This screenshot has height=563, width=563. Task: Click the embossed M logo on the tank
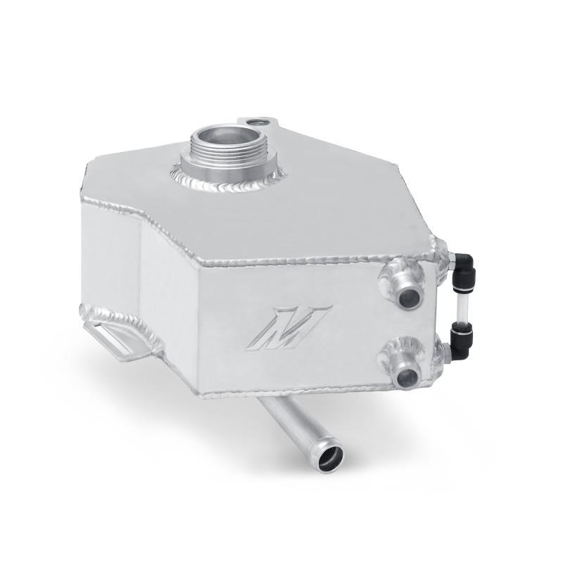[x=289, y=326]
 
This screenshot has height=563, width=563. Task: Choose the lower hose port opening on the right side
[x=406, y=379]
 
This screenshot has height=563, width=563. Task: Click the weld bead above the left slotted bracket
[x=116, y=318]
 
